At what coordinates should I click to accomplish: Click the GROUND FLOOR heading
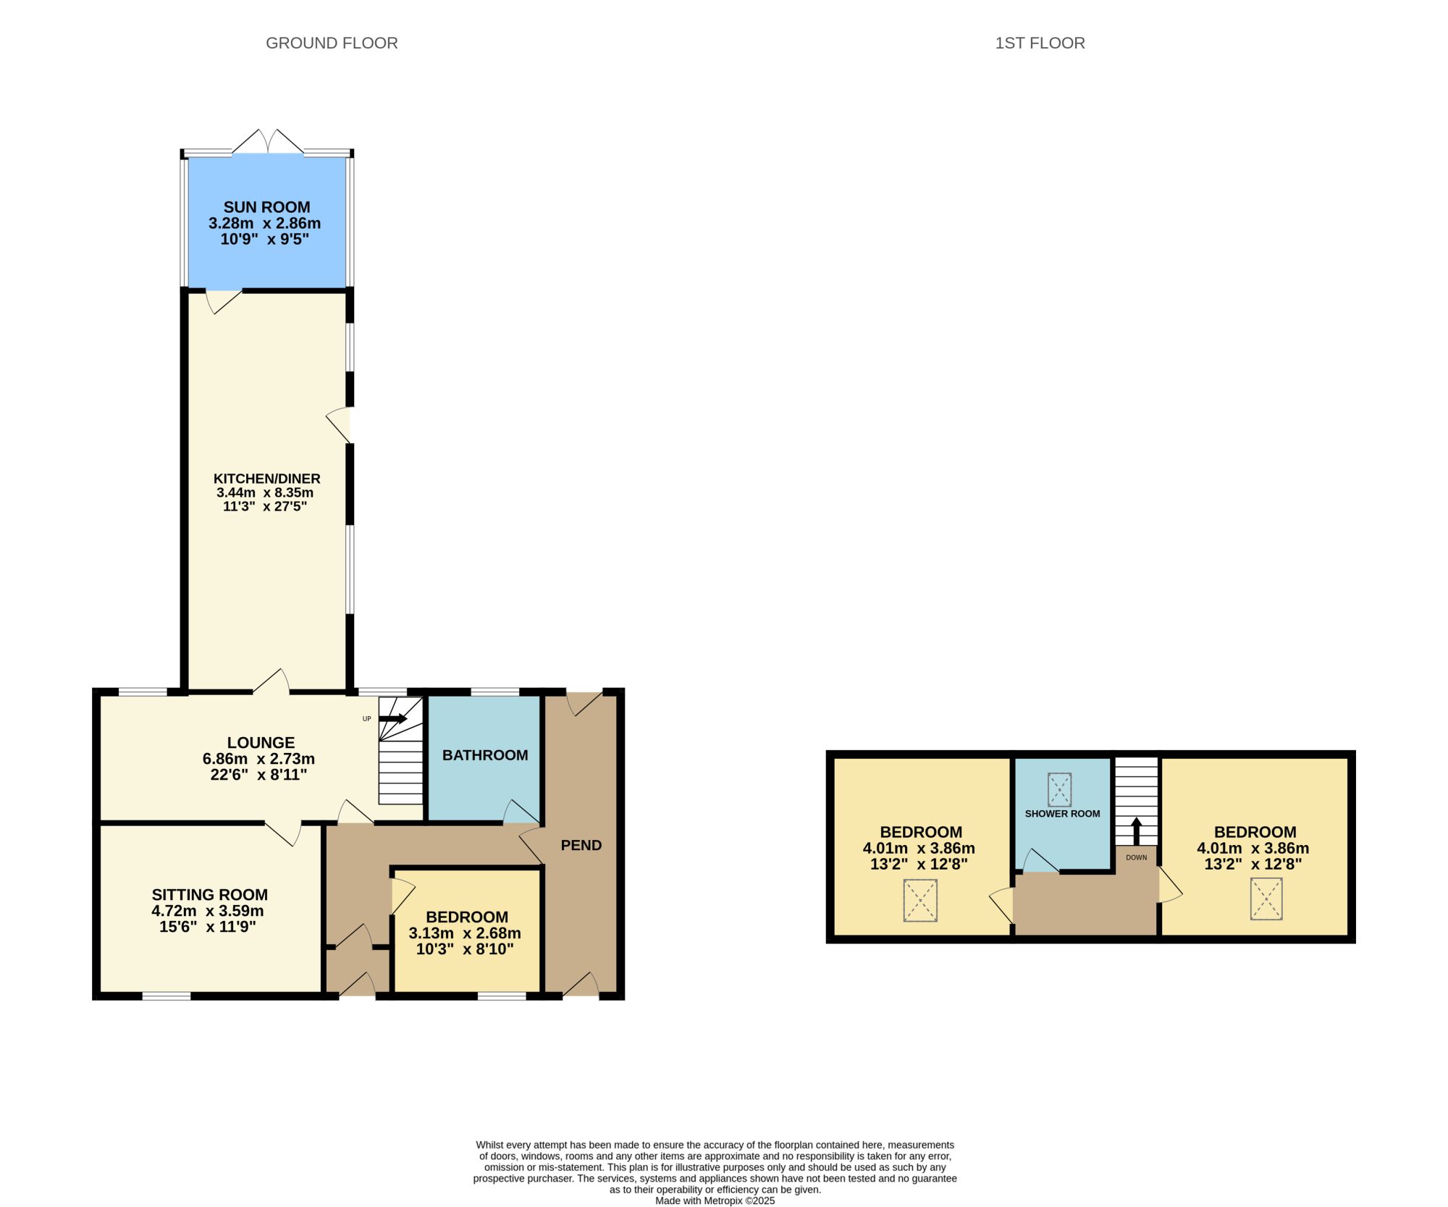pos(332,43)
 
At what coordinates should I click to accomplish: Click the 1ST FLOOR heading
pos(1040,43)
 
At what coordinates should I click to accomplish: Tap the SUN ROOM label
pos(266,207)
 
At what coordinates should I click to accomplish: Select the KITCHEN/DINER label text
pos(266,479)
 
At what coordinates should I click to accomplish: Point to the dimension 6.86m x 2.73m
pos(258,759)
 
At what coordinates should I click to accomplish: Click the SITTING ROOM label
pos(210,895)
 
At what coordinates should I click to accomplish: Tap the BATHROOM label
pos(485,755)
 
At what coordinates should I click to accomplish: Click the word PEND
pos(581,845)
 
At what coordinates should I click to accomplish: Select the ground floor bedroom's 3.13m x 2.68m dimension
pos(465,933)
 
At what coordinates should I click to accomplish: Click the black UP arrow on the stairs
pos(393,719)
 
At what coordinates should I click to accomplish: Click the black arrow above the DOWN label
pos(1136,831)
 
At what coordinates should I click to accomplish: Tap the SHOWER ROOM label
pos(1062,814)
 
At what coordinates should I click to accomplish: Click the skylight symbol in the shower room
pos(1059,790)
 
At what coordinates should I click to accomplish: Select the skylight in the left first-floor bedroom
pos(920,901)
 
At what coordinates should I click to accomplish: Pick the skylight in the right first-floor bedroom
pos(1266,899)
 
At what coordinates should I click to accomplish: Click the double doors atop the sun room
pos(267,142)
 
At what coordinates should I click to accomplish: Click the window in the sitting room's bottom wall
pos(167,996)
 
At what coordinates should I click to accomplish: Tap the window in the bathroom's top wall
pos(495,692)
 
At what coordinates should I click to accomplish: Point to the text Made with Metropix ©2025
pos(715,1200)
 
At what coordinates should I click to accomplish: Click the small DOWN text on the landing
pos(1136,857)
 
